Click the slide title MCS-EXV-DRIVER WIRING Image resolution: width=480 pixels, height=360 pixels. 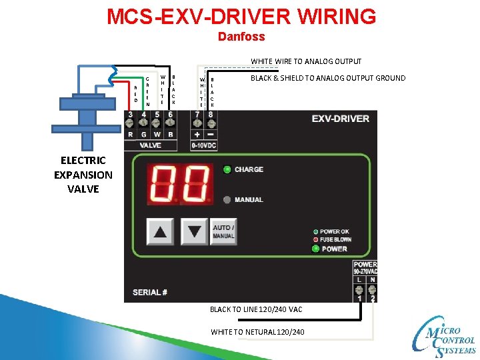241,16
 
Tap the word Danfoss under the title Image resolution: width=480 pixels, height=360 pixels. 241,37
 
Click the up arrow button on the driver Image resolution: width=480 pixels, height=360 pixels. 161,232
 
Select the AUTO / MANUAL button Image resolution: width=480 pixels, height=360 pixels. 223,232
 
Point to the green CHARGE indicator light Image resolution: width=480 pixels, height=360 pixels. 227,169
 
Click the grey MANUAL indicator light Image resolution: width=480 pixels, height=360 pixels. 227,199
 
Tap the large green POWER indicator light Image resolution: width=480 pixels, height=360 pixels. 315,249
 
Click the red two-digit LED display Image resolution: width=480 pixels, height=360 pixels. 181,185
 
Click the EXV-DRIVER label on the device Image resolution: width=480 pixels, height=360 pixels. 340,119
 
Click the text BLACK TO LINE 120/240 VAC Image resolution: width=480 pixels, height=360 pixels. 256,309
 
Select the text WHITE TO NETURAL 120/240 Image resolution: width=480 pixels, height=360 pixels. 257,331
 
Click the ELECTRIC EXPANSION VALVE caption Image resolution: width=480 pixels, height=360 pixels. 83,175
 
